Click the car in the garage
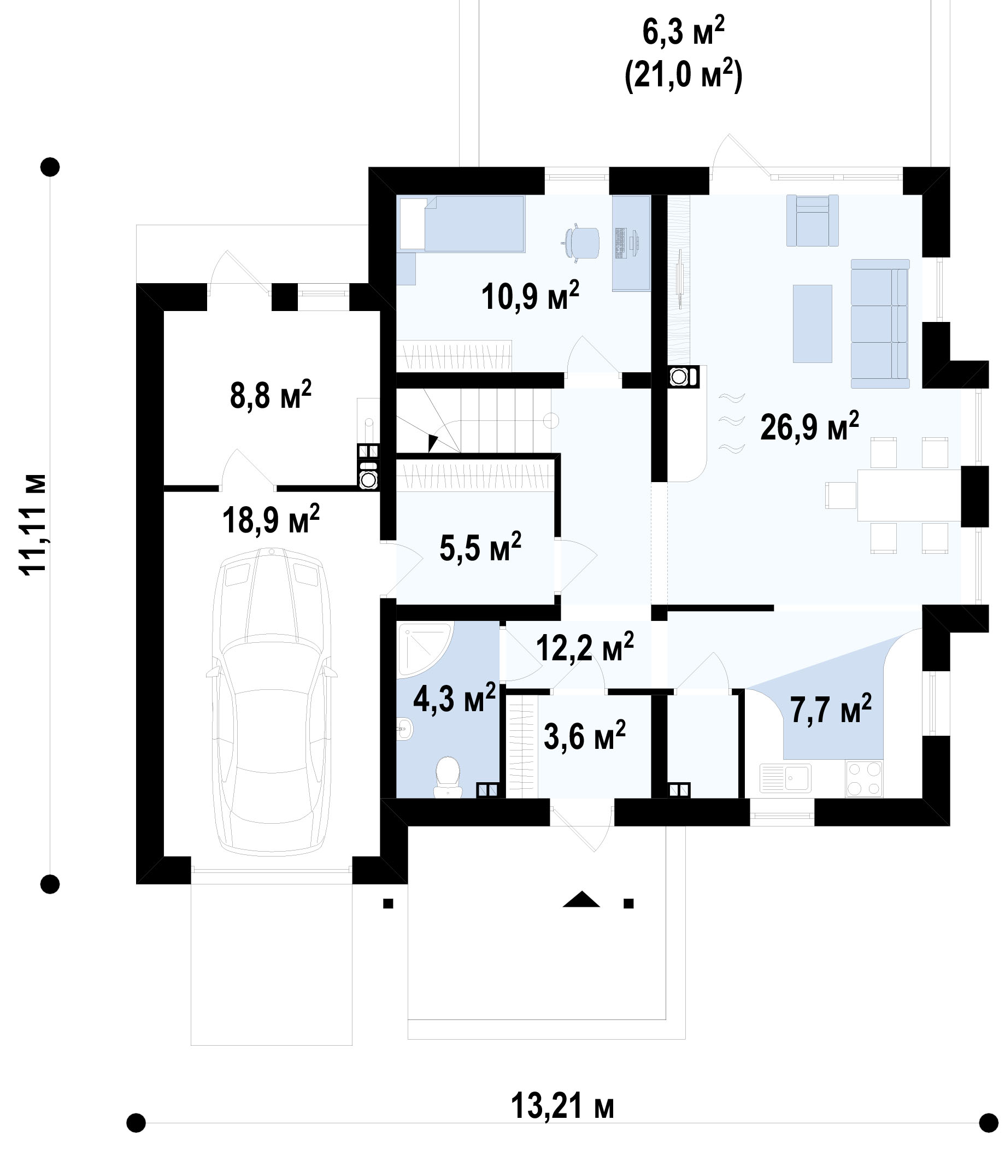(272, 701)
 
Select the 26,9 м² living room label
(809, 427)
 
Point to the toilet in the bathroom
(448, 777)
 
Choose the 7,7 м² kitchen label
(831, 709)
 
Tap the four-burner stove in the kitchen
(864, 779)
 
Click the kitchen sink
(785, 778)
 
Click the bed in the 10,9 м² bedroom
(462, 224)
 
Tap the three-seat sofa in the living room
(880, 324)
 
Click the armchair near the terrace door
(812, 220)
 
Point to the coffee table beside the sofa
(812, 323)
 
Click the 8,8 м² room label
(271, 395)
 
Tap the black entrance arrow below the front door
(581, 899)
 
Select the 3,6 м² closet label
(584, 736)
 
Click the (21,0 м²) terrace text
(683, 75)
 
